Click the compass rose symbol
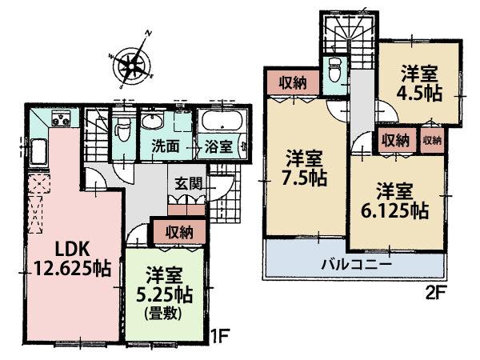130,62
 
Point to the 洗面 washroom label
166,147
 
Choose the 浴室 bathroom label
217,147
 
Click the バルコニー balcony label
356,262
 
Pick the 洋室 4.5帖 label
419,82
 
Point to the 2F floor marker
434,291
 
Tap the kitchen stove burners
61,121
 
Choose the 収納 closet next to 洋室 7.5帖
292,81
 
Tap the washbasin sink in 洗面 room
154,122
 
